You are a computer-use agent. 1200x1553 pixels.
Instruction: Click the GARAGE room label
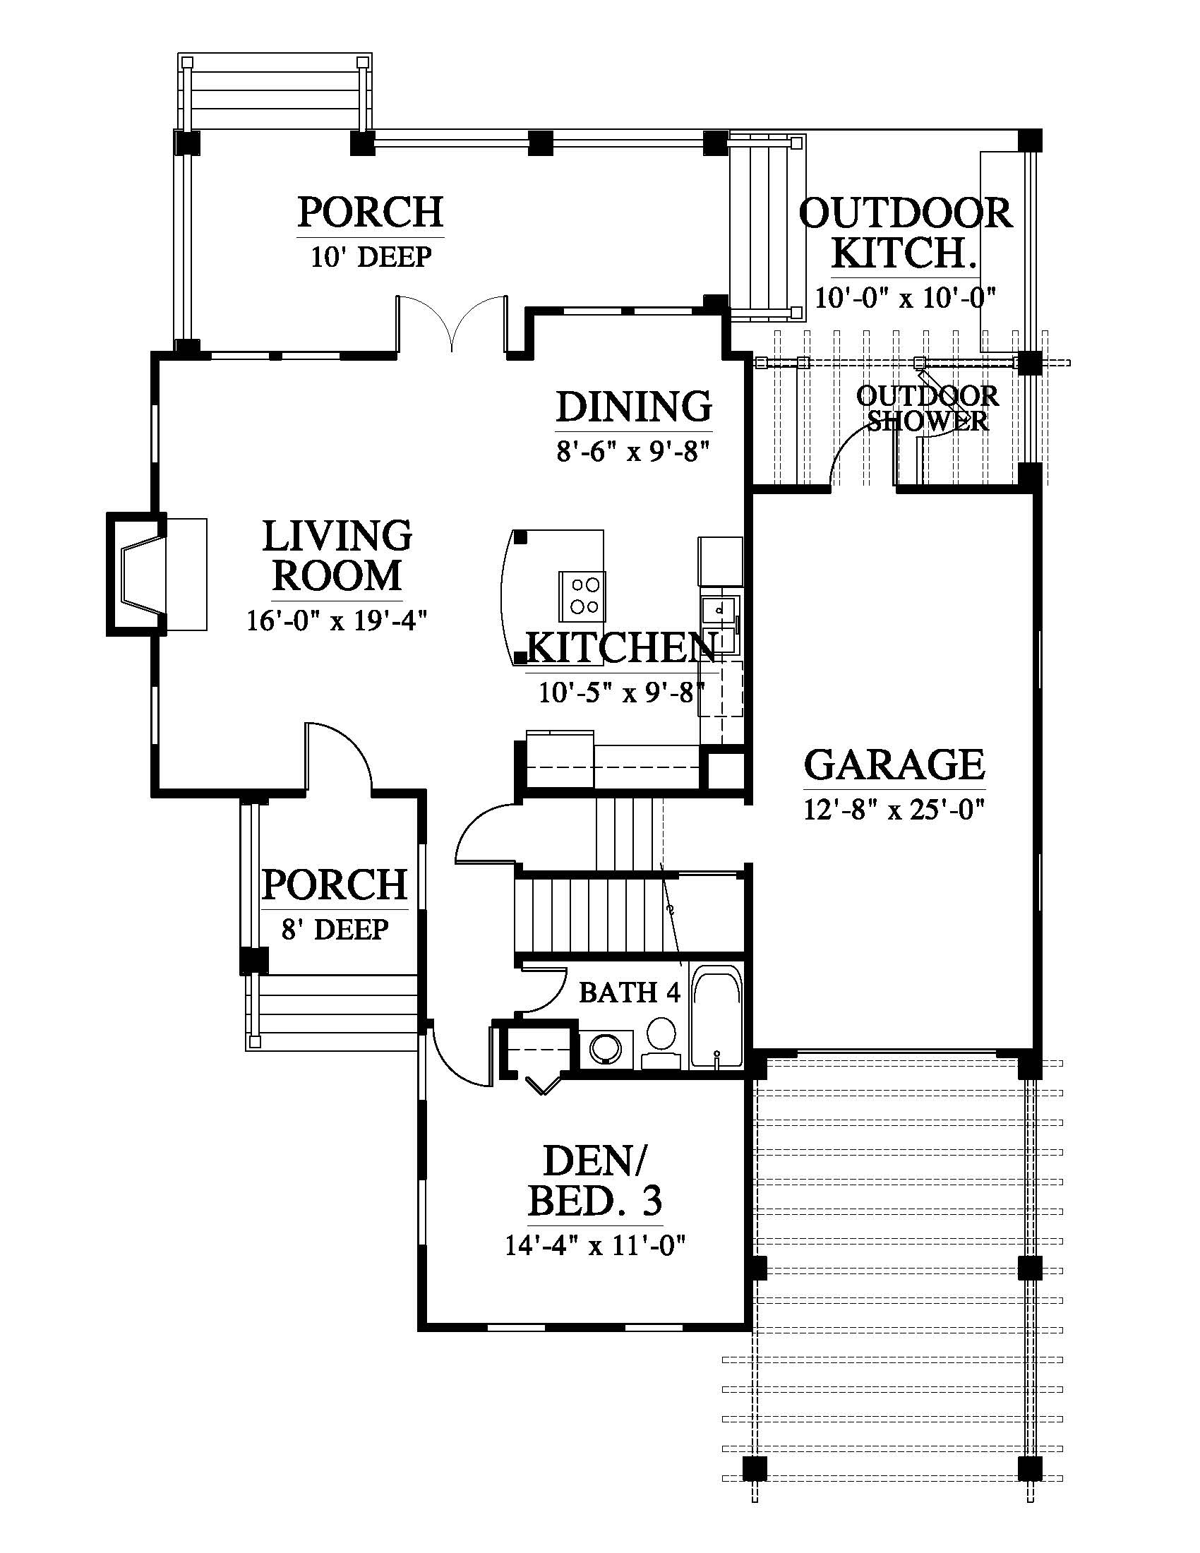point(894,764)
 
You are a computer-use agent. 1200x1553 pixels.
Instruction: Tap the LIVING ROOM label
point(337,556)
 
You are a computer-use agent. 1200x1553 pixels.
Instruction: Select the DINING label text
point(633,407)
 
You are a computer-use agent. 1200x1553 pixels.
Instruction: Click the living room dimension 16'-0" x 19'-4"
point(336,620)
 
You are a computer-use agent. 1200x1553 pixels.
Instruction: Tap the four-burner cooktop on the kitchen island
point(582,596)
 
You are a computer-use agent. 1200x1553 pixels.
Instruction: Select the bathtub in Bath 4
point(716,1016)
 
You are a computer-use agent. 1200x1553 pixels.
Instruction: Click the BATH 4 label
point(629,992)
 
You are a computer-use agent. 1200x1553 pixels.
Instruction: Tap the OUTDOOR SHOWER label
point(927,408)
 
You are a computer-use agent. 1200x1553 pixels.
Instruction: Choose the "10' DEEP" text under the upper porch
point(371,257)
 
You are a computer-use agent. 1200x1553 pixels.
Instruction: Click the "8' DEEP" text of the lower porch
point(335,929)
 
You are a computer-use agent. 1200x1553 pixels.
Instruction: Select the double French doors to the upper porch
point(452,323)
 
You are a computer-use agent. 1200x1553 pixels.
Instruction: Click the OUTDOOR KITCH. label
point(905,233)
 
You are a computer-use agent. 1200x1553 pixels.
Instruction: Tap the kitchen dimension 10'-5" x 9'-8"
point(620,692)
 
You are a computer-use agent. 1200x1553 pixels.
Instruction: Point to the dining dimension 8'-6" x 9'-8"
point(633,451)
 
